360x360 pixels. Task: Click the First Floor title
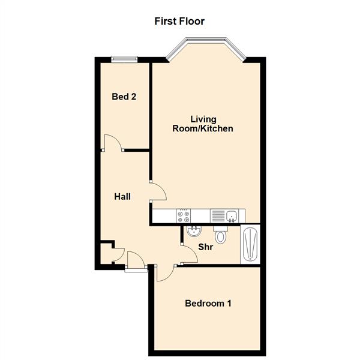(x=179, y=22)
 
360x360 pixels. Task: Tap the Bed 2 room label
(x=124, y=96)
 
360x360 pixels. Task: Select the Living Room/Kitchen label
(x=203, y=124)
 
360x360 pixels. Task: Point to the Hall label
(x=123, y=196)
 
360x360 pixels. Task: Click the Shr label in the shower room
(x=206, y=247)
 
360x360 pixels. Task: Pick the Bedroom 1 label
(x=208, y=304)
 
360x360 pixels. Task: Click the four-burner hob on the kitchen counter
(x=183, y=215)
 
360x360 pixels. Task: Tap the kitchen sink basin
(x=232, y=215)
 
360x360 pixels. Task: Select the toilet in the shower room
(x=221, y=235)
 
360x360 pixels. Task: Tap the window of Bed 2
(x=124, y=58)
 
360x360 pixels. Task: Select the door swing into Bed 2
(x=113, y=143)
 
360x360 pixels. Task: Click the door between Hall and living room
(x=158, y=192)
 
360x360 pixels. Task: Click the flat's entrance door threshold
(x=136, y=269)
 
